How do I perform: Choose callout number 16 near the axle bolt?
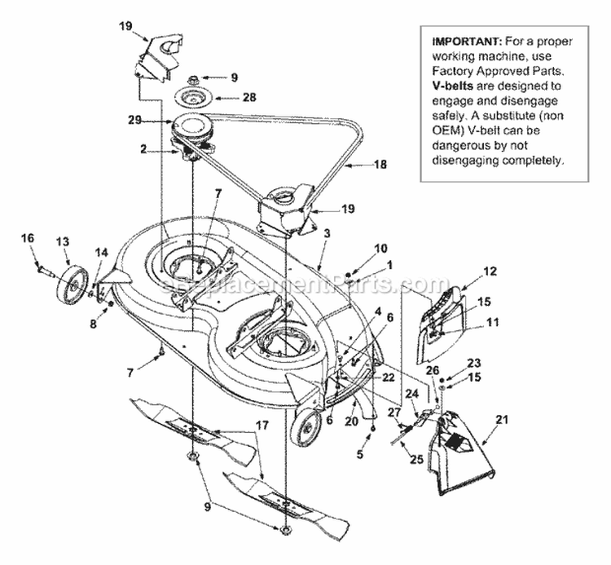click(28, 237)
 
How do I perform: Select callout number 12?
click(489, 271)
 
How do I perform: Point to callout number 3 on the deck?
click(326, 233)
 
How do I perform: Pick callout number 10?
click(358, 247)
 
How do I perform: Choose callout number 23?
click(473, 364)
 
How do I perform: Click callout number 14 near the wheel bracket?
click(101, 253)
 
